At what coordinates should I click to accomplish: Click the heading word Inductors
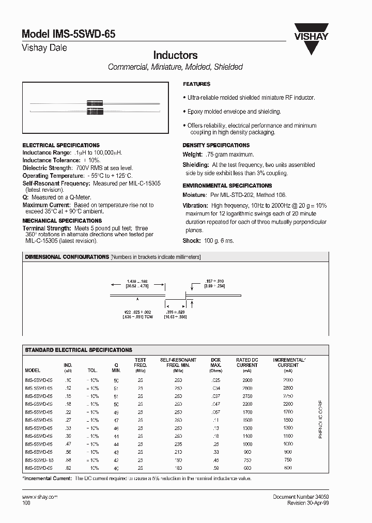click(175, 55)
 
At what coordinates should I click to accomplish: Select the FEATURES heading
click(196, 84)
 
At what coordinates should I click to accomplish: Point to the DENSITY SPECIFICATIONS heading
click(216, 145)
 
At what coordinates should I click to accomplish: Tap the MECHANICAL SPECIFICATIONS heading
click(62, 221)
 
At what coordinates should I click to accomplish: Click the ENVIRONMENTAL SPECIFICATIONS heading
click(227, 186)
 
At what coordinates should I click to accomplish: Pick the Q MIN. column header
click(116, 365)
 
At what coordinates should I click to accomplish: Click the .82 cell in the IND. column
click(68, 468)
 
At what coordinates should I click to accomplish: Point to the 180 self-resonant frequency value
click(178, 468)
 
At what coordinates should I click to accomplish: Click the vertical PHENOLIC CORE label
click(320, 419)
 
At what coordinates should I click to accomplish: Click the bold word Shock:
click(191, 241)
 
